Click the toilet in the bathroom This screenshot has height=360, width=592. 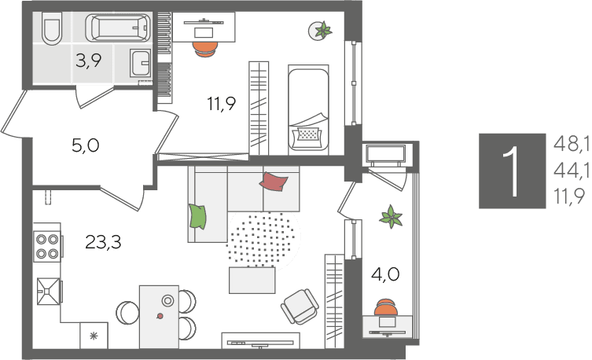click(x=52, y=28)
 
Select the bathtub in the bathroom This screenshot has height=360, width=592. click(x=118, y=28)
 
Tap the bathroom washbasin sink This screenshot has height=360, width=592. click(x=141, y=63)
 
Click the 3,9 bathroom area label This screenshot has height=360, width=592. click(x=88, y=60)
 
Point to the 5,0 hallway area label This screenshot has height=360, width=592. click(x=86, y=145)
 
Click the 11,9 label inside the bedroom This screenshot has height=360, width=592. click(x=221, y=104)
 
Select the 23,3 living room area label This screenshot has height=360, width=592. click(x=103, y=242)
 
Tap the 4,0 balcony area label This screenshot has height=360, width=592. click(x=385, y=274)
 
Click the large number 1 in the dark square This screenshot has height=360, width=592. click(x=513, y=171)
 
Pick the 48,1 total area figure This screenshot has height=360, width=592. click(x=572, y=144)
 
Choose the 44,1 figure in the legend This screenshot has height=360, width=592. click(x=572, y=171)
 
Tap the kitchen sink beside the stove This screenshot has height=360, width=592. click(x=48, y=291)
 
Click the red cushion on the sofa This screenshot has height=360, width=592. click(x=274, y=181)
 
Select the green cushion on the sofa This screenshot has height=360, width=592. click(x=197, y=216)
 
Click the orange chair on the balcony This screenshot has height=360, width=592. click(x=385, y=307)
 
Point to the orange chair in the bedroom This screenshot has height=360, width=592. click(x=205, y=49)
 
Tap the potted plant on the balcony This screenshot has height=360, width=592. click(x=392, y=217)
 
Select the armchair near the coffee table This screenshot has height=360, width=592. click(x=300, y=307)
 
